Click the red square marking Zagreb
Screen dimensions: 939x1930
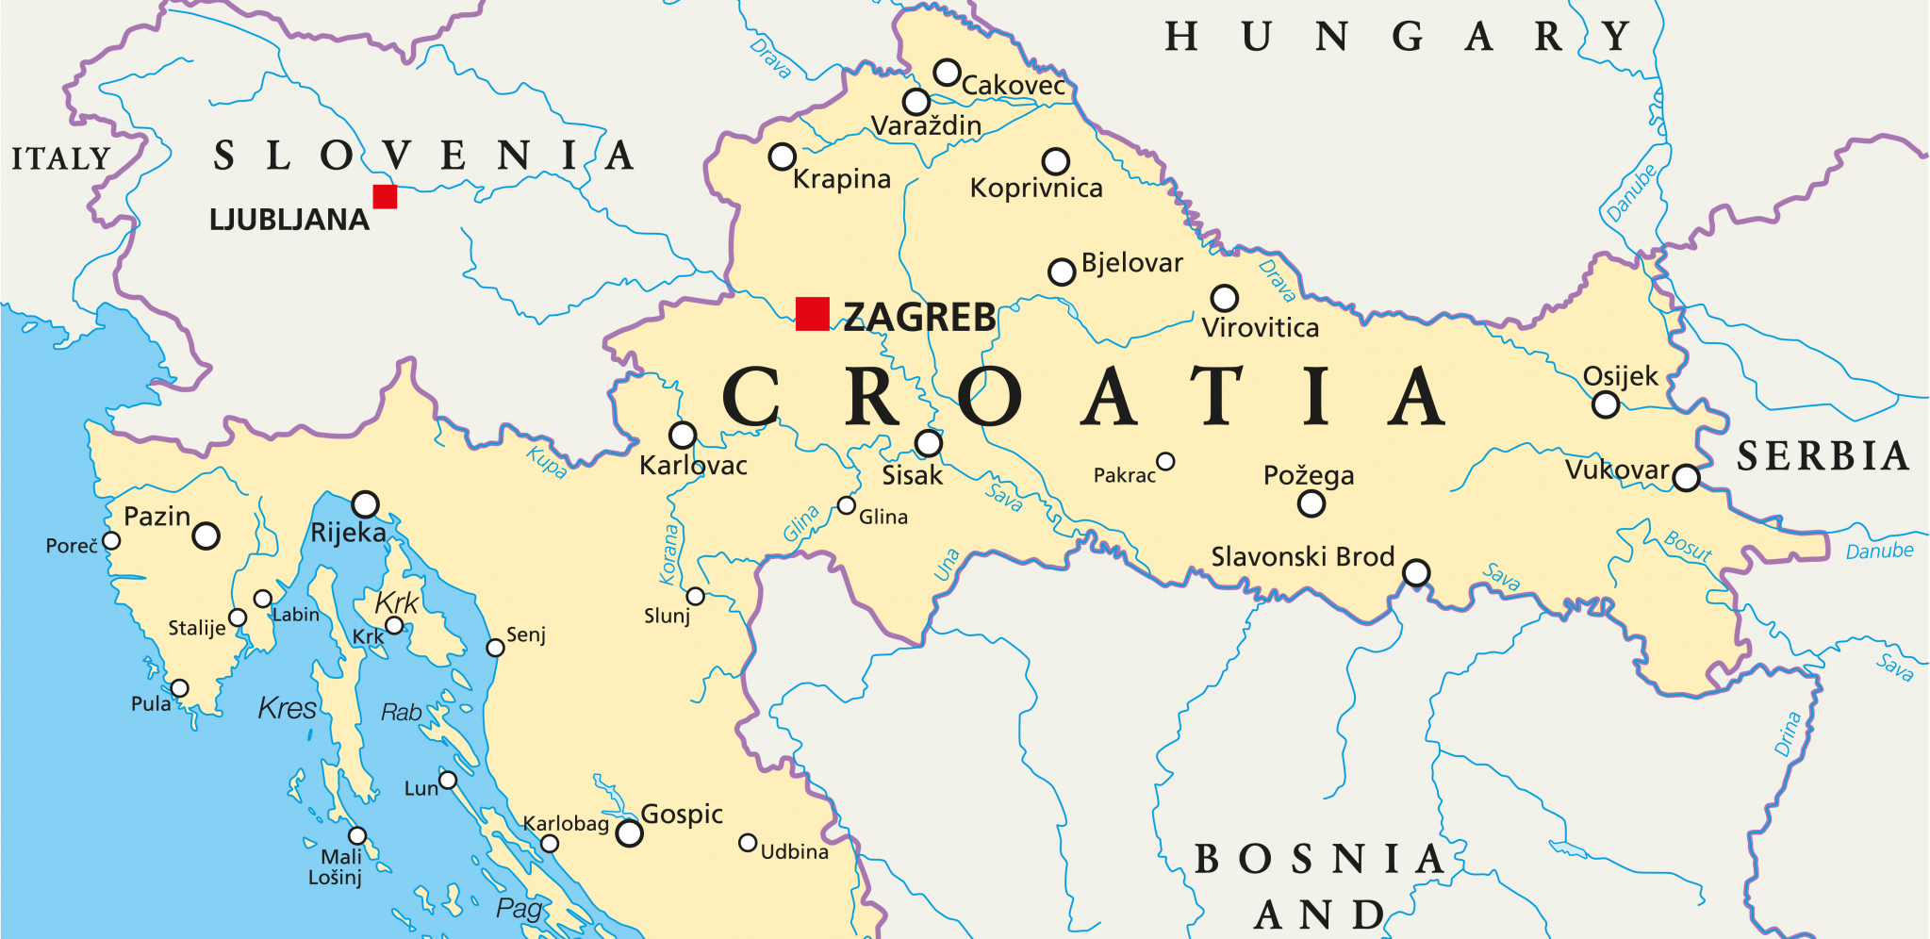(812, 314)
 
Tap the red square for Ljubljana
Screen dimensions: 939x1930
(385, 196)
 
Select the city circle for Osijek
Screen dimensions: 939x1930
(1605, 405)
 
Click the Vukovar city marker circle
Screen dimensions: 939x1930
(1686, 478)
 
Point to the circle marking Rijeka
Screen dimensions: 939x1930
(365, 504)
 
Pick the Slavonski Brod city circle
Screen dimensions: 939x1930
(1415, 572)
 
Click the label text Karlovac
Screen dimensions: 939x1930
(693, 466)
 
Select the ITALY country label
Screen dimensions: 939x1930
(61, 158)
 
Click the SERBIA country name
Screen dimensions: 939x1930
(1823, 456)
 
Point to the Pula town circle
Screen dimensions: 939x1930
(179, 688)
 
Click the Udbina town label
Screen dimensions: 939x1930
(795, 852)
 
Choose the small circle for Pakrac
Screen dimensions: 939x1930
(1165, 461)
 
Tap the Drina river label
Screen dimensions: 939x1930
(1788, 733)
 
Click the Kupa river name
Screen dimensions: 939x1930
(547, 462)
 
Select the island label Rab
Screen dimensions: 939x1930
(401, 713)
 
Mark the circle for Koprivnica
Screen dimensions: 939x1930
(1055, 161)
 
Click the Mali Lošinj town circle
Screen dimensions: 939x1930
(357, 835)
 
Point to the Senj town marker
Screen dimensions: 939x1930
(495, 648)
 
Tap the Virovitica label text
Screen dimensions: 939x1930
(1260, 328)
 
